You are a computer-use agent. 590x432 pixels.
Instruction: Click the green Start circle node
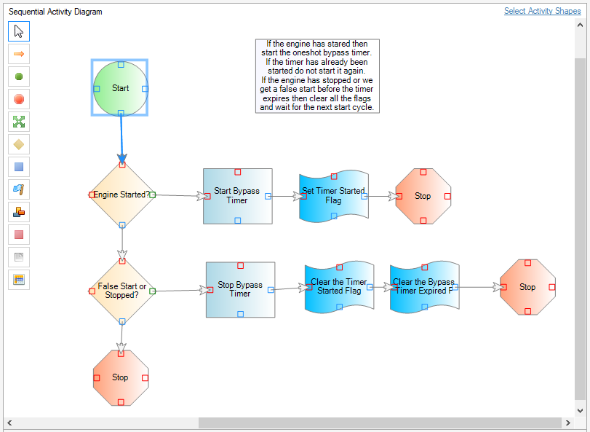[121, 88]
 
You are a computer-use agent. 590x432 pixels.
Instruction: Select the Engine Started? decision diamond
[122, 195]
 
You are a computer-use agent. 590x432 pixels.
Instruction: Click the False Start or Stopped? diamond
[122, 291]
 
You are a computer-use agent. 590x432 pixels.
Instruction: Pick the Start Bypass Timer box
[238, 196]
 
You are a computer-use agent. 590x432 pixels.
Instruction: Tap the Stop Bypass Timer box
[241, 290]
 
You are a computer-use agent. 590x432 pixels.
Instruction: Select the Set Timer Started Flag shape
[334, 196]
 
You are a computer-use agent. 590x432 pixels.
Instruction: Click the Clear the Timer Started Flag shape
[340, 287]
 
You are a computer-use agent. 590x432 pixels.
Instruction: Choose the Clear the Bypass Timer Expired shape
[425, 287]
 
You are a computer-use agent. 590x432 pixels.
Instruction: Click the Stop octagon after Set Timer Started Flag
[423, 196]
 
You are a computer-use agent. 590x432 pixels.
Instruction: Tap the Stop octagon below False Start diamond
[121, 378]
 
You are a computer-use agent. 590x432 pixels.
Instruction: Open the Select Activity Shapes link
[542, 11]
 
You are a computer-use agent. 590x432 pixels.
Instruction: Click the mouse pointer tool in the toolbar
[19, 31]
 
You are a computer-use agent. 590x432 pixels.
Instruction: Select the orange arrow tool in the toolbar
[19, 54]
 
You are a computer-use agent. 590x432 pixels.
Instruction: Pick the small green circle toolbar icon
[19, 76]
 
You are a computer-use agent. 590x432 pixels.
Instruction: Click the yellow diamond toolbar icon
[19, 144]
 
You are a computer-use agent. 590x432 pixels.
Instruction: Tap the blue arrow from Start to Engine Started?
[121, 138]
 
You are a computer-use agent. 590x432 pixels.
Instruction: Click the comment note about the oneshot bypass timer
[317, 76]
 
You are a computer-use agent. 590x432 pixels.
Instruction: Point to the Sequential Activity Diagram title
[55, 12]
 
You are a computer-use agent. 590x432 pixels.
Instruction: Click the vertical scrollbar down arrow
[580, 411]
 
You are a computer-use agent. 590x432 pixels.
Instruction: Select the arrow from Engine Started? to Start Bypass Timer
[180, 195]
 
